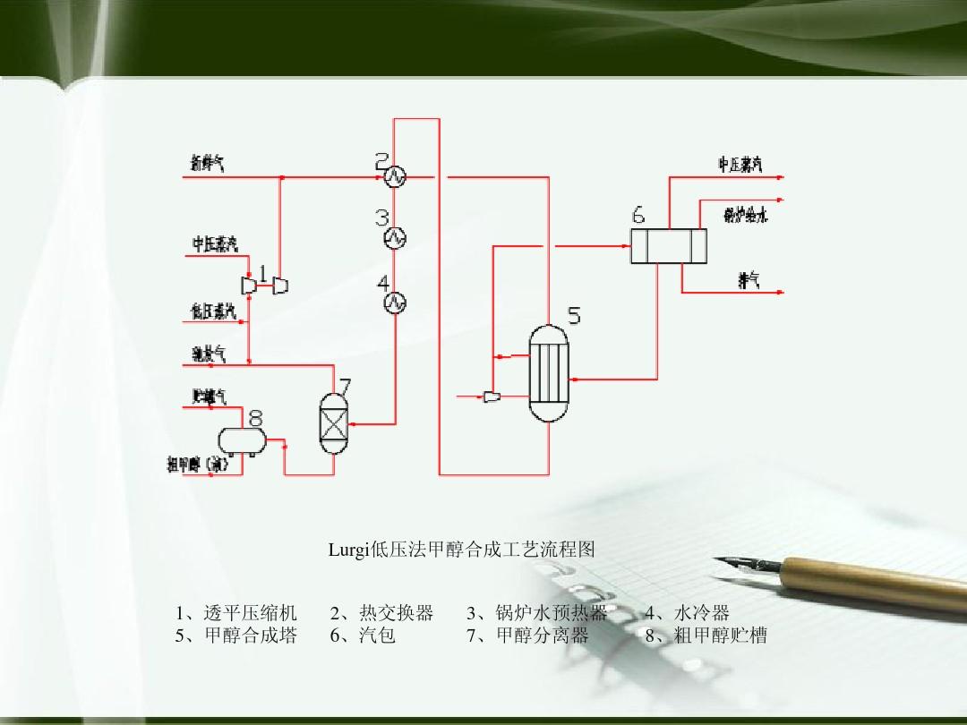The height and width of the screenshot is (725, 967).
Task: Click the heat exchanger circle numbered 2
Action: [394, 178]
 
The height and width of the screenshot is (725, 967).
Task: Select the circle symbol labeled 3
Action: [394, 237]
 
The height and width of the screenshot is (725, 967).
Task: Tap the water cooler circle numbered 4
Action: [394, 303]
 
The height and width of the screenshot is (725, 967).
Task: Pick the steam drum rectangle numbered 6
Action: [668, 245]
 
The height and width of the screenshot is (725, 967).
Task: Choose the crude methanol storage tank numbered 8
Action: [242, 439]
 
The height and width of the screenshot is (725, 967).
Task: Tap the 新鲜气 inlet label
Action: [207, 163]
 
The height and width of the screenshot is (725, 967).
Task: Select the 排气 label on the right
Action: [749, 280]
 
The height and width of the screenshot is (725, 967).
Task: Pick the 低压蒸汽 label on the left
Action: [213, 311]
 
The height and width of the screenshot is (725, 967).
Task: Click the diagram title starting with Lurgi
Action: [461, 549]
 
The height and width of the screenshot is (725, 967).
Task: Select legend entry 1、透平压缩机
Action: [236, 612]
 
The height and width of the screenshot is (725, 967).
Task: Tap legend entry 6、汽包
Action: [363, 635]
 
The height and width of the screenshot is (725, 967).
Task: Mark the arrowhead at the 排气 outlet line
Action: [780, 293]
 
